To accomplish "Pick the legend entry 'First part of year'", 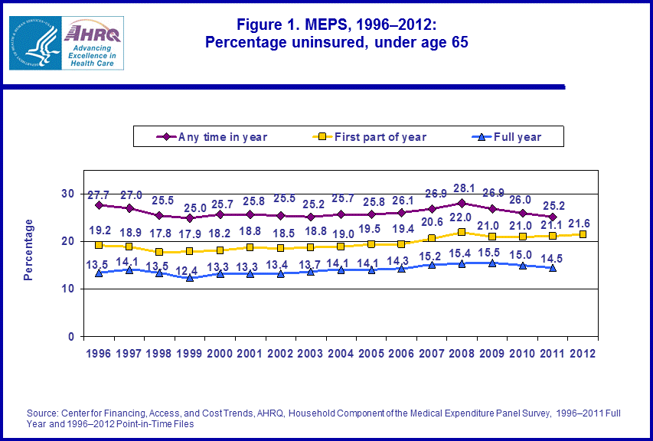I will (371, 137).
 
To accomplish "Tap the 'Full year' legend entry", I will (514, 137).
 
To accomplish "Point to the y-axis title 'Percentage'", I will (29, 250).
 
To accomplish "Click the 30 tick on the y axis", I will (68, 194).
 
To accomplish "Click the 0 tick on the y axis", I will (72, 337).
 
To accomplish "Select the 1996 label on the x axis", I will (99, 354).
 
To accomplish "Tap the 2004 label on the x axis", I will (341, 354).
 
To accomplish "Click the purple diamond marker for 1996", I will (99, 205).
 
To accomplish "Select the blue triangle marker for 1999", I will (190, 277).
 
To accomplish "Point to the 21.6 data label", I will (583, 222).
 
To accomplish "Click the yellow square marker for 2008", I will (462, 232).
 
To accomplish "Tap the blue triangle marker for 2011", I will (552, 267).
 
